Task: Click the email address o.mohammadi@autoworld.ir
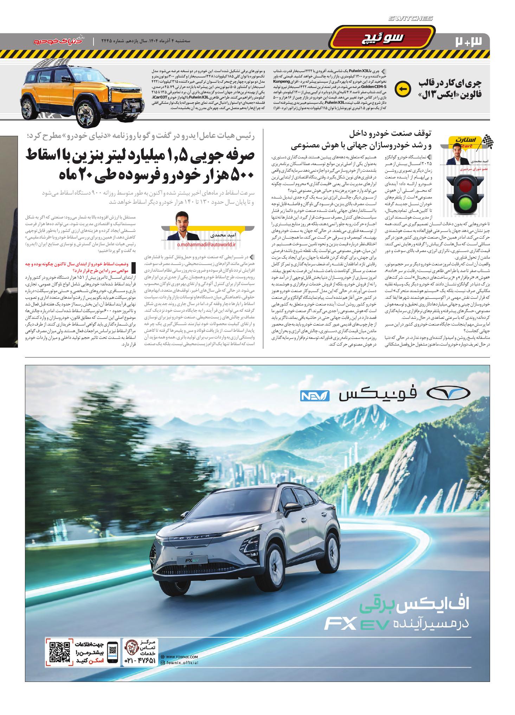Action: click(x=206, y=244)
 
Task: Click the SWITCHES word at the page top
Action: click(x=411, y=19)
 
